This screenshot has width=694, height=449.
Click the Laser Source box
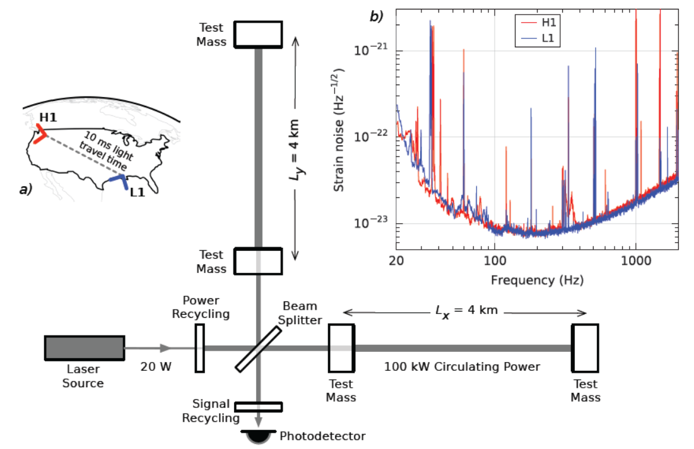[x=84, y=348]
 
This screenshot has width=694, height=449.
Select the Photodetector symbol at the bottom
[x=258, y=436]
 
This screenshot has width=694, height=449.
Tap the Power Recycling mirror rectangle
[x=199, y=347]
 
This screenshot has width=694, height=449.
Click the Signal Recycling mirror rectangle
[x=258, y=407]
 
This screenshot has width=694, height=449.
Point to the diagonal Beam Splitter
[x=259, y=348]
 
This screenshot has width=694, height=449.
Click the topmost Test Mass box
[x=258, y=33]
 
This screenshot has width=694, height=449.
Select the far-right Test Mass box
[x=585, y=347]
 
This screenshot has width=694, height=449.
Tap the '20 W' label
[x=156, y=366]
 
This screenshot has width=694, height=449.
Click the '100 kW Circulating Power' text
[x=462, y=366]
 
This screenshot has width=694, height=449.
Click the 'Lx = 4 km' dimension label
[x=463, y=311]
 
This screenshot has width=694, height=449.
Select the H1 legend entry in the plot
[x=541, y=23]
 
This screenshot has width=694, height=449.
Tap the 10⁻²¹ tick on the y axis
[x=375, y=50]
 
